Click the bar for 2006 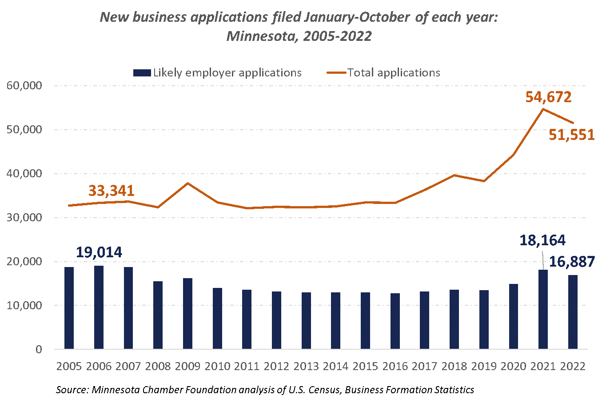(x=99, y=307)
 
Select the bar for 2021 (x=543, y=309)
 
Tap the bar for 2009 (x=187, y=314)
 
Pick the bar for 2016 (x=395, y=321)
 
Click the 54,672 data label (x=548, y=97)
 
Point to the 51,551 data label (x=571, y=135)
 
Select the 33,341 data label (x=111, y=191)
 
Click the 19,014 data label (x=99, y=252)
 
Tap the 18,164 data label (x=542, y=240)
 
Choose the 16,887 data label (x=572, y=262)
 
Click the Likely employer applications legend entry (x=218, y=73)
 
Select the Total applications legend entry (x=384, y=73)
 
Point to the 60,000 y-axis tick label (x=24, y=85)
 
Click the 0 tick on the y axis (x=39, y=349)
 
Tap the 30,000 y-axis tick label (x=24, y=217)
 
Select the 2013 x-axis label (x=306, y=367)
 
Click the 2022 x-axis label (x=573, y=367)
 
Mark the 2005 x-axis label (x=69, y=367)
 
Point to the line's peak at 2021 (x=543, y=109)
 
